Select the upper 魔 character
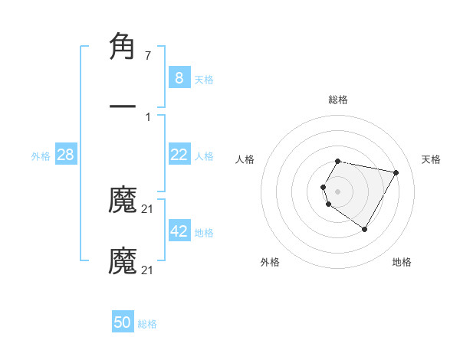[123, 200]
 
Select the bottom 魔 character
[123, 260]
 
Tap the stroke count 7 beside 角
[147, 56]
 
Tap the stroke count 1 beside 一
[147, 117]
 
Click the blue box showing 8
[179, 77]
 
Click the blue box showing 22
[179, 155]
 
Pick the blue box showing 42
[179, 231]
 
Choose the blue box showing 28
[66, 155]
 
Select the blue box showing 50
[123, 322]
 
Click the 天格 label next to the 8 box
[204, 79]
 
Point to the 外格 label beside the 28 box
[41, 156]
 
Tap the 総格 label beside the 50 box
[147, 324]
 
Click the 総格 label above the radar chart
[338, 100]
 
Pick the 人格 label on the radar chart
[246, 159]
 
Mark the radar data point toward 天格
[396, 172]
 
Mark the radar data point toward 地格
[364, 229]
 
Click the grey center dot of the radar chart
[337, 191]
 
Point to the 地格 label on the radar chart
[402, 262]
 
